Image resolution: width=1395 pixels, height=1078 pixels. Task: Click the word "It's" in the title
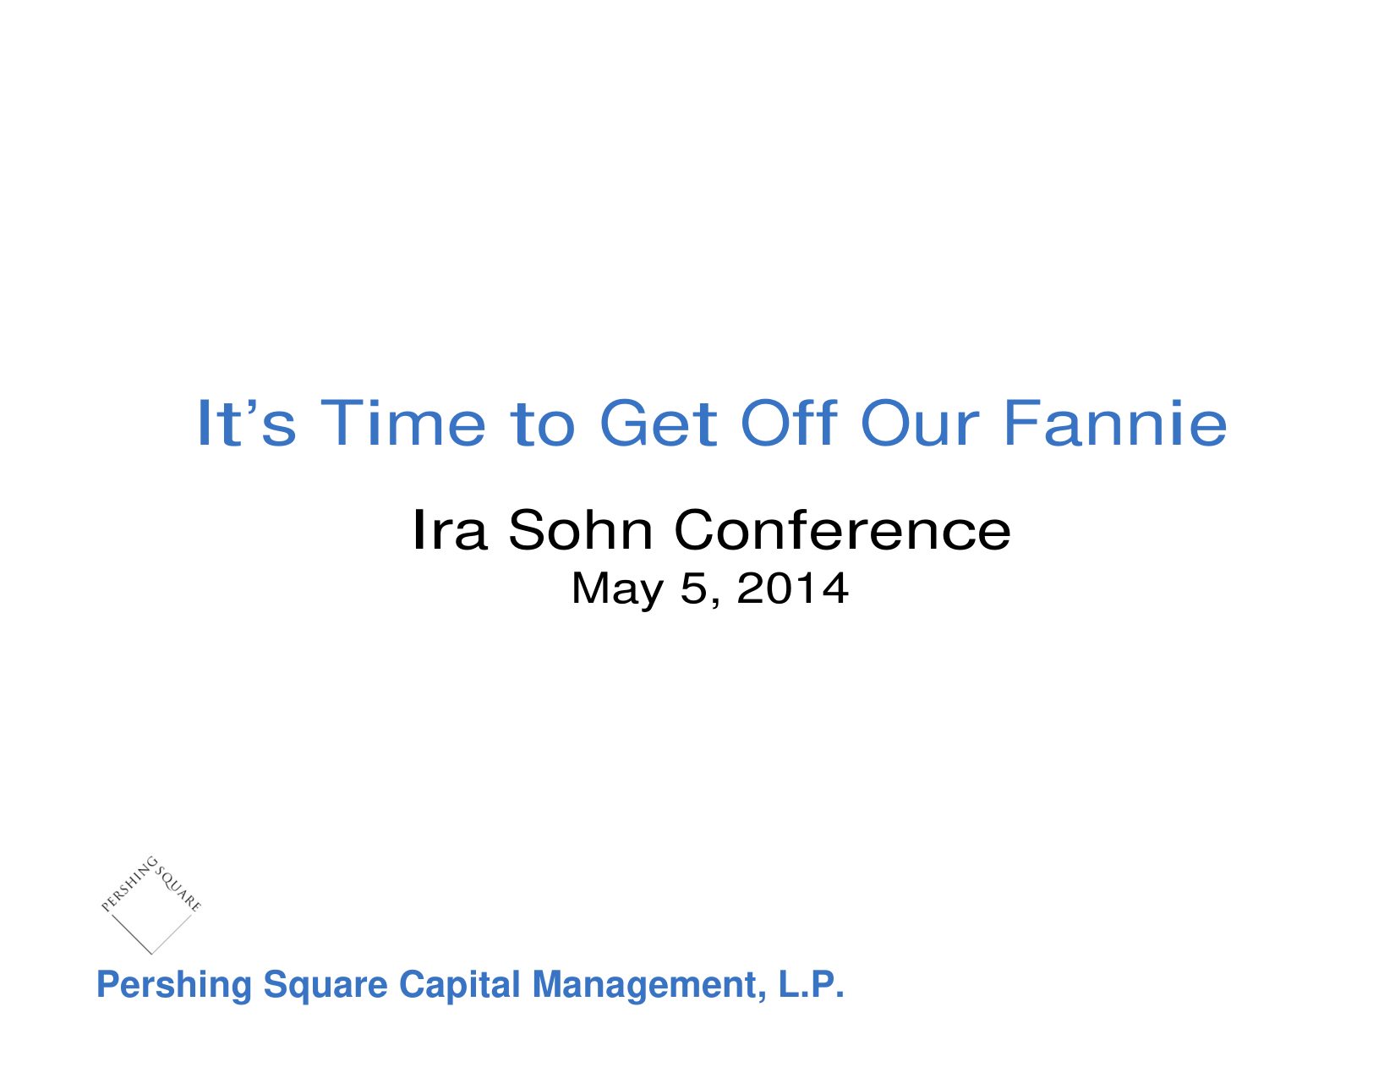point(247,423)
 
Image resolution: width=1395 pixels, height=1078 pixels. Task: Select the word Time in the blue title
point(402,423)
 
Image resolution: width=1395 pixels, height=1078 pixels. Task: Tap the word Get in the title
point(658,423)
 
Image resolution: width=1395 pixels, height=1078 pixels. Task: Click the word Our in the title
point(919,423)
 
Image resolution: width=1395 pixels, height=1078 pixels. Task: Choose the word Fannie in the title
point(1114,423)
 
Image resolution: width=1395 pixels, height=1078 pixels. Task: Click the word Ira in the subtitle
point(450,529)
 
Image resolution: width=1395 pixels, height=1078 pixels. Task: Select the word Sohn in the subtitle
point(580,529)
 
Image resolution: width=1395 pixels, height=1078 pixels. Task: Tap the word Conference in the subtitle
point(842,529)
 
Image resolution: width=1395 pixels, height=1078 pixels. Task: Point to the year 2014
point(792,588)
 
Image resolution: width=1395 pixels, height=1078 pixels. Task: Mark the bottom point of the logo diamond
point(151,954)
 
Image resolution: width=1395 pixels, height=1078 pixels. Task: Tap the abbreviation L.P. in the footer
point(812,984)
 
